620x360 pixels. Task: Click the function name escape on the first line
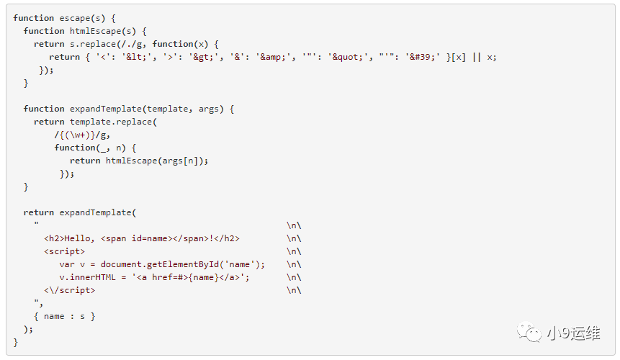[x=77, y=18]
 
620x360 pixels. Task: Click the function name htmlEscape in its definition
[x=95, y=31]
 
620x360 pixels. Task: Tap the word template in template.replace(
[x=93, y=122]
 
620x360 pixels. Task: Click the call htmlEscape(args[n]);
[x=157, y=161]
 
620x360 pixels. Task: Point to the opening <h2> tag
[x=54, y=238]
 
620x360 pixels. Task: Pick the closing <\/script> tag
[x=69, y=290]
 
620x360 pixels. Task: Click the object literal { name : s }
[x=64, y=316]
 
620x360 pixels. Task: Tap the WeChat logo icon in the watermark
[x=533, y=333]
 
